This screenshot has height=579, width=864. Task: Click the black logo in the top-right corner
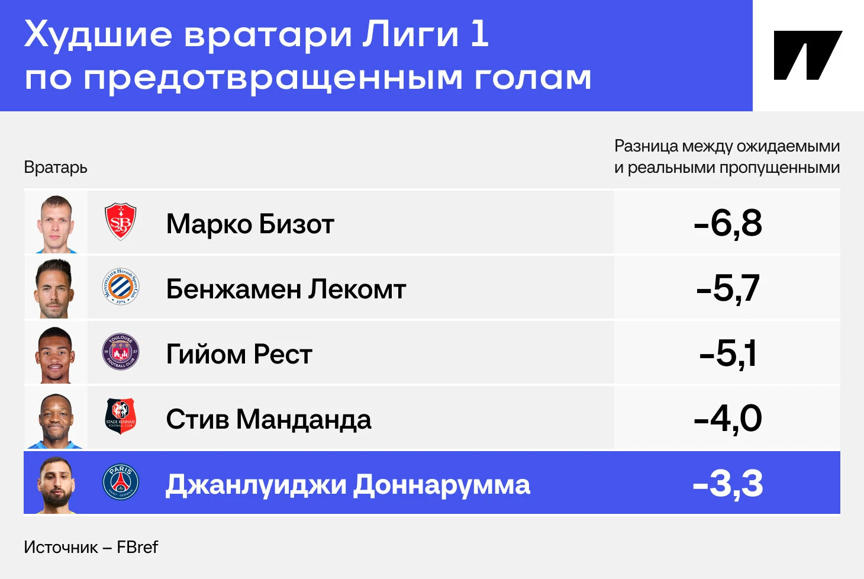[808, 55]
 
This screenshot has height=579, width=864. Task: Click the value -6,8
[727, 224]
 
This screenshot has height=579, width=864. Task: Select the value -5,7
[728, 288]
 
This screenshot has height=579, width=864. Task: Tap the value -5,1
[727, 353]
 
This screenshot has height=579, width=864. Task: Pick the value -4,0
[727, 419]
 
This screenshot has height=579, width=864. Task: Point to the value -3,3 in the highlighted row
[727, 484]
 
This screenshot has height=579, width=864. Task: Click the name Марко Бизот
[250, 224]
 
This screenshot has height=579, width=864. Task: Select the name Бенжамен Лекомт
[286, 289]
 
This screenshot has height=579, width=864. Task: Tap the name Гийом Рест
[239, 354]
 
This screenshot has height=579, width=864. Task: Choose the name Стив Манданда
[269, 419]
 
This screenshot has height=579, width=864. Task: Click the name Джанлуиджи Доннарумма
[348, 485]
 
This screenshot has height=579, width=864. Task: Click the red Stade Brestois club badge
[120, 221]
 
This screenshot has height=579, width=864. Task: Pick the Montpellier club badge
[121, 287]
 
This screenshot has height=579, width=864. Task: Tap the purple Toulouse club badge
[121, 352]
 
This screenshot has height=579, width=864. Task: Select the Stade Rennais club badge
[121, 417]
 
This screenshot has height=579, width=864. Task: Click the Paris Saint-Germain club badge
[121, 482]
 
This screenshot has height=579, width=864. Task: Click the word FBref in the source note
[137, 547]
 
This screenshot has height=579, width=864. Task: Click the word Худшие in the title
[98, 36]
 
